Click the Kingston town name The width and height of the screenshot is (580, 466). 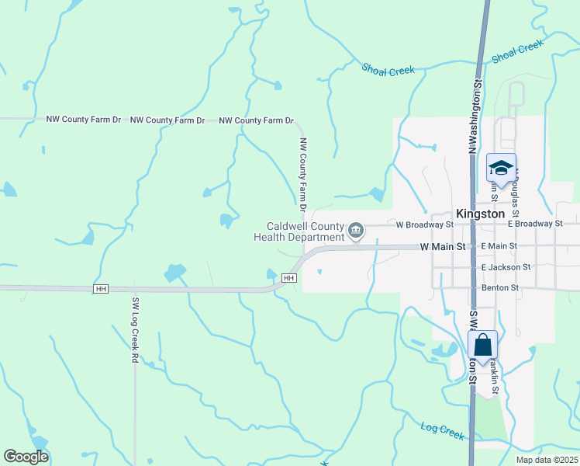pos(481,213)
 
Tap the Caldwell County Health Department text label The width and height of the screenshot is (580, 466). pos(299,231)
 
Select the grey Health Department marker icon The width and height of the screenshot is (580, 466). pos(356,230)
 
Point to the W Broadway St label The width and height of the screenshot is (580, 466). pos(424,224)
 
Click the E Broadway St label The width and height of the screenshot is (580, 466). pos(535,224)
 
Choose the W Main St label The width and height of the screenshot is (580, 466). pos(442,246)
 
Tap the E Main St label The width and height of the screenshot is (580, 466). pos(499,246)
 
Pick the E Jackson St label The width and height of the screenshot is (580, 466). pos(506,267)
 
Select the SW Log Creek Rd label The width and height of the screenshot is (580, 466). pos(134,331)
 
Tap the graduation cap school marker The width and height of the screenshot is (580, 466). pos(501,168)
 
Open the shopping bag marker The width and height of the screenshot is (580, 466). pos(482,345)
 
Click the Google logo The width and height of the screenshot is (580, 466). pos(26,457)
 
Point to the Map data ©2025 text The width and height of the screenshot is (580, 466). pos(547,460)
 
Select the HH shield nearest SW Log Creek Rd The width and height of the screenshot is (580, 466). pos(100,289)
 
